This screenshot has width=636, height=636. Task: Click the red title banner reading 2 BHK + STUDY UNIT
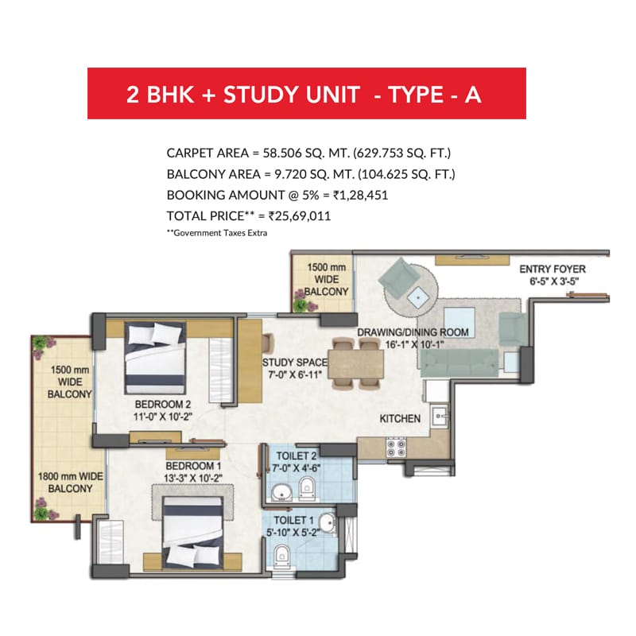tap(307, 93)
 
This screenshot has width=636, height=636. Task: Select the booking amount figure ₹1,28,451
tap(361, 195)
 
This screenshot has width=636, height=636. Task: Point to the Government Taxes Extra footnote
tap(217, 233)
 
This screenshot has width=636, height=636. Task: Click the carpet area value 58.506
tap(282, 153)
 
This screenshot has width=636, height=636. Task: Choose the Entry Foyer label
tap(553, 269)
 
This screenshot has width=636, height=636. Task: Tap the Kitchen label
tap(400, 419)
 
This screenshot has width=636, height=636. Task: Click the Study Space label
tap(295, 363)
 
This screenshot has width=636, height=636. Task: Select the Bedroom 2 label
tap(163, 405)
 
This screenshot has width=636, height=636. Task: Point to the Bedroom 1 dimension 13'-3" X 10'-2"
tap(193, 479)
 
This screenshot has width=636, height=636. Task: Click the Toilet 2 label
tap(296, 456)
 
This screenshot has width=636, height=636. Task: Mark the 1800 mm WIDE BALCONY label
tap(70, 483)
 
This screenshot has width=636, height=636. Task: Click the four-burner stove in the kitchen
tap(395, 448)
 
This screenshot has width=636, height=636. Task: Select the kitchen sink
tap(440, 416)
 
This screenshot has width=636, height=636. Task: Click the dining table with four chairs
tap(355, 363)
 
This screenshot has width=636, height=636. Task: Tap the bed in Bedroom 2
tap(155, 359)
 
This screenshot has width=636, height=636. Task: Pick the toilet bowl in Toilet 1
tap(282, 556)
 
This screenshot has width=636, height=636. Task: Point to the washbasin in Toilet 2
tap(281, 492)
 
